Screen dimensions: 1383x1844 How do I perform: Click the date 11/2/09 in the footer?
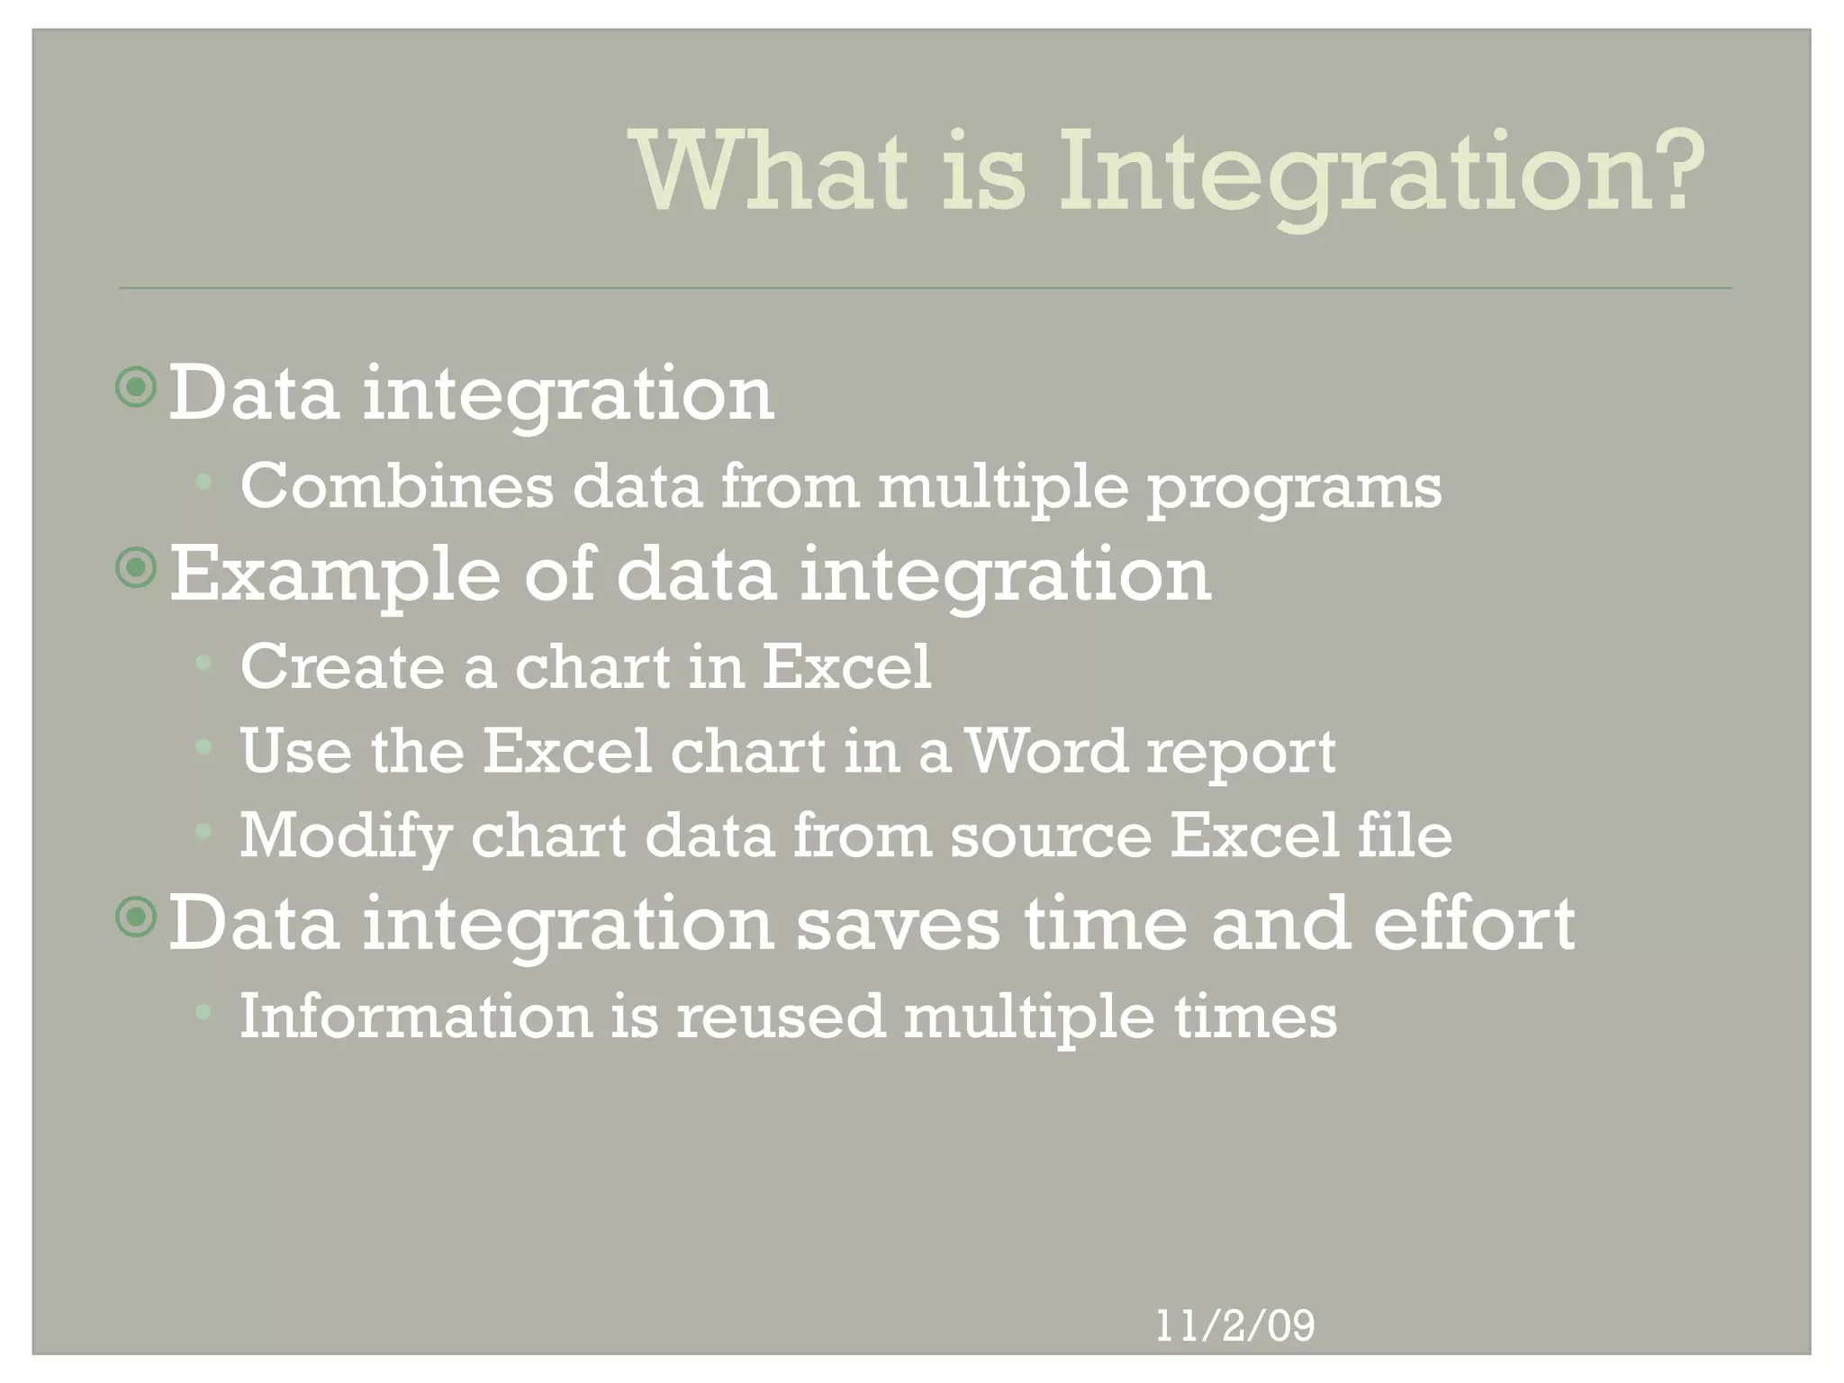coord(1234,1325)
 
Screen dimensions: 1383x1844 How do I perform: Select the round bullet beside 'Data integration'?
coord(137,388)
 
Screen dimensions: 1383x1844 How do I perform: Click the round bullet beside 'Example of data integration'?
coord(137,567)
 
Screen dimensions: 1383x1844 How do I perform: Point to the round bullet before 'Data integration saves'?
coord(137,917)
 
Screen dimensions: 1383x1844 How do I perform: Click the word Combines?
coord(397,486)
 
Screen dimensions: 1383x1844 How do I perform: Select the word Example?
coord(334,576)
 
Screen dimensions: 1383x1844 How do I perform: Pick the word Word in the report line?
coord(1047,751)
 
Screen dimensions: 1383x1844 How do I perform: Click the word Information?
coord(415,1016)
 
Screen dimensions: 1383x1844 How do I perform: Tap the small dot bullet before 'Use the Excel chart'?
coord(203,746)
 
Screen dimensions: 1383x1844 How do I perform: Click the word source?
coord(1051,836)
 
